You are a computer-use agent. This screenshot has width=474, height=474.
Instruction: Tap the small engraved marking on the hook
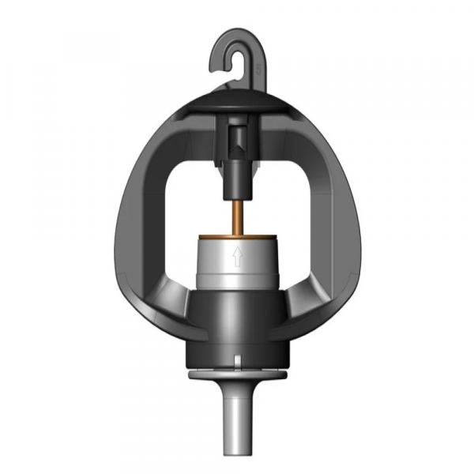(x=258, y=70)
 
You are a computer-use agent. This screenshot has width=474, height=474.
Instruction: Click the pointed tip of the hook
(x=218, y=67)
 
